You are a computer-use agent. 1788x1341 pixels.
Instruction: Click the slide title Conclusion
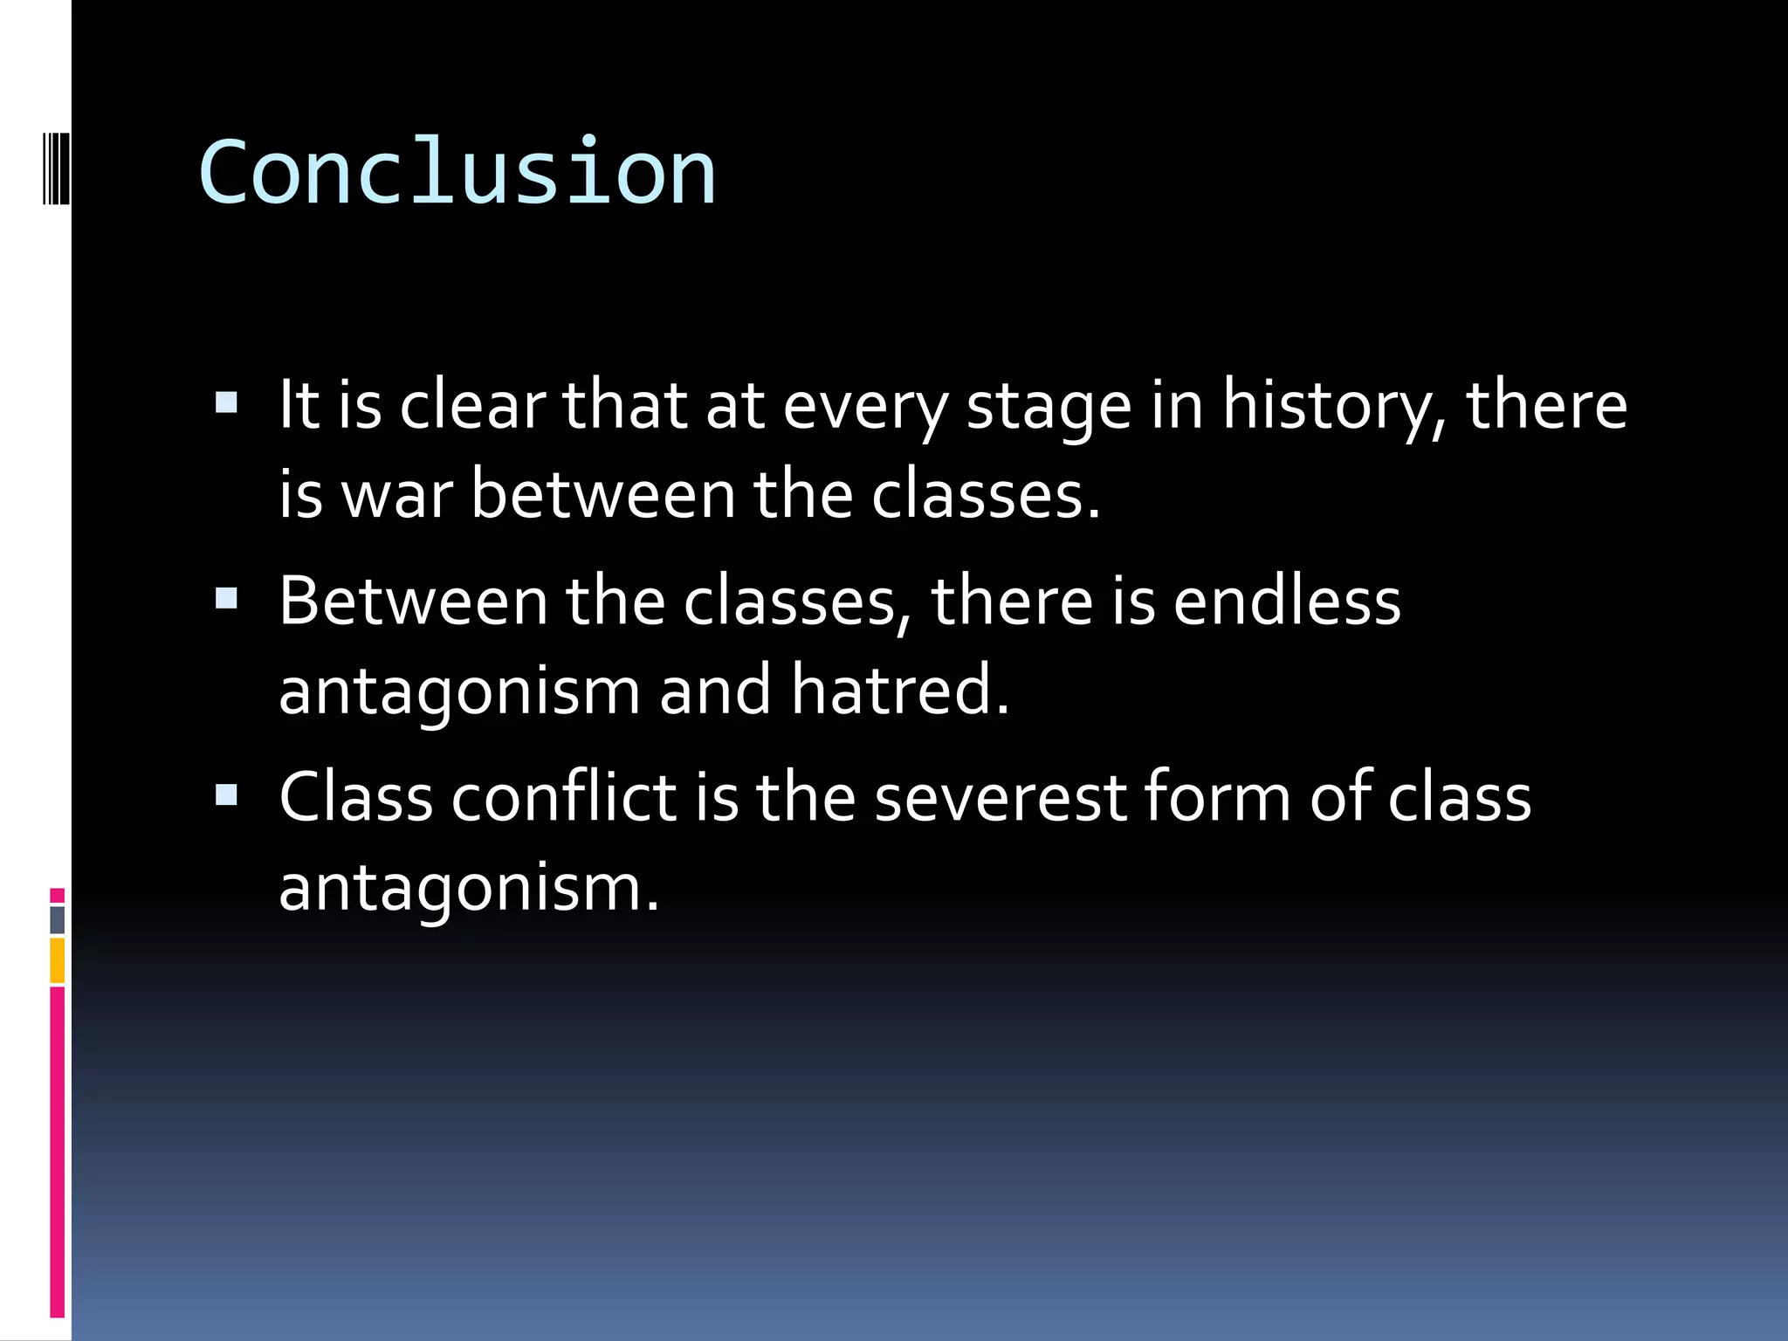[x=457, y=173]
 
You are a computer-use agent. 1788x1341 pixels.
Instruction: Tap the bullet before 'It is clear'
[x=226, y=402]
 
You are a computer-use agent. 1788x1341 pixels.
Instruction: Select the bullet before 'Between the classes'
[x=226, y=598]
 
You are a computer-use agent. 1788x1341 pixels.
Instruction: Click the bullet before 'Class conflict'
[x=226, y=794]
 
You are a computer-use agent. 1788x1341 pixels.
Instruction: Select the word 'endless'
[x=1287, y=602]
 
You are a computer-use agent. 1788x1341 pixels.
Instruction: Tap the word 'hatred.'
[x=900, y=691]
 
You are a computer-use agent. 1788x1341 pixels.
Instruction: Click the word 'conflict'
[x=564, y=798]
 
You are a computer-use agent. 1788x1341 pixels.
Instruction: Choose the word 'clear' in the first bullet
[x=472, y=406]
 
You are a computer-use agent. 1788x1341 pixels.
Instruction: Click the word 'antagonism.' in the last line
[x=469, y=889]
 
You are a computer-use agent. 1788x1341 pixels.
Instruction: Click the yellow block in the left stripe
[x=57, y=960]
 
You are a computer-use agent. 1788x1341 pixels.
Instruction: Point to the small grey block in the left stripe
[x=57, y=920]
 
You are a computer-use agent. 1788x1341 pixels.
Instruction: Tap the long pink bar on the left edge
[x=57, y=1152]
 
